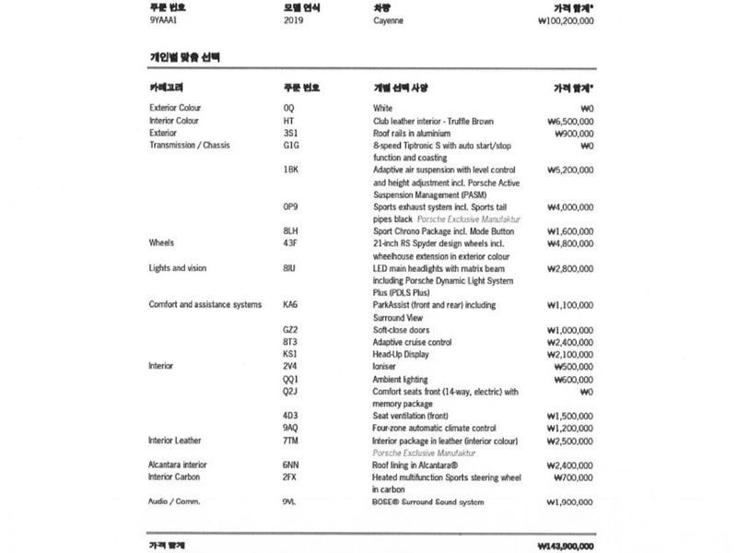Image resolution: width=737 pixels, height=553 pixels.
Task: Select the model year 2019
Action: [x=295, y=20]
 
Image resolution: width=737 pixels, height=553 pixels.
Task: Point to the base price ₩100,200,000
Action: [x=558, y=20]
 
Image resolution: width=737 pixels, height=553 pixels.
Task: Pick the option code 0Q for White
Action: [x=289, y=108]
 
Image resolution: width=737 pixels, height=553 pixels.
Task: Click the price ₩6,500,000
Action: [x=569, y=121]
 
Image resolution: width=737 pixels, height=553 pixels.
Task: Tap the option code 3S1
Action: [x=291, y=133]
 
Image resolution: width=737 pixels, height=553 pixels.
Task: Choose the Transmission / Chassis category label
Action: [x=190, y=145]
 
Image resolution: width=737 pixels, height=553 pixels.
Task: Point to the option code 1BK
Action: [x=291, y=170]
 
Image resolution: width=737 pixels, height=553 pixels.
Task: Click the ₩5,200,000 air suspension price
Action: [x=569, y=170]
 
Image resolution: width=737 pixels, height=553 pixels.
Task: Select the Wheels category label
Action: [x=161, y=243]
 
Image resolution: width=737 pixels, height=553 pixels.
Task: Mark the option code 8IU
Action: [x=289, y=268]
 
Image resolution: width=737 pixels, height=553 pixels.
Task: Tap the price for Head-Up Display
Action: [x=569, y=354]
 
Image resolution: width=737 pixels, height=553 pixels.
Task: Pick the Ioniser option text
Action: [x=384, y=366]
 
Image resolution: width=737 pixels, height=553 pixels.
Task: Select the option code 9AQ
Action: [x=291, y=428]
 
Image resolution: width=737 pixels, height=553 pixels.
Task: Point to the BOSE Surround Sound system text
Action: [x=427, y=502]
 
